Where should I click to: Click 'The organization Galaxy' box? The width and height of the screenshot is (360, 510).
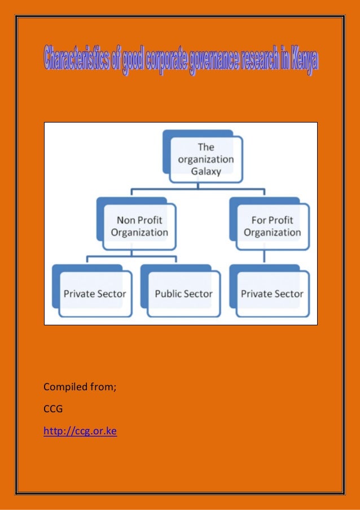coord(206,159)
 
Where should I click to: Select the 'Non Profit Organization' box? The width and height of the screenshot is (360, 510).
coord(139,226)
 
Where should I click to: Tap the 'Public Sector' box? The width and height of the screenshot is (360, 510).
coord(183,293)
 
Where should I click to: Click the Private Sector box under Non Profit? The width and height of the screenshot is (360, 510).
coord(94,293)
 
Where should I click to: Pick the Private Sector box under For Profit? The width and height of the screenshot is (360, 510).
coord(272,293)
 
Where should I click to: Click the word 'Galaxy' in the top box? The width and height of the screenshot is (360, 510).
coord(206,171)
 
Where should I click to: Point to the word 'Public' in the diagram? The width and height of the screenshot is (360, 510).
coord(168,294)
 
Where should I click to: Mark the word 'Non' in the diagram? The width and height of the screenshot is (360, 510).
coord(126,220)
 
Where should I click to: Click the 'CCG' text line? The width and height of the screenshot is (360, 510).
coord(53,409)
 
